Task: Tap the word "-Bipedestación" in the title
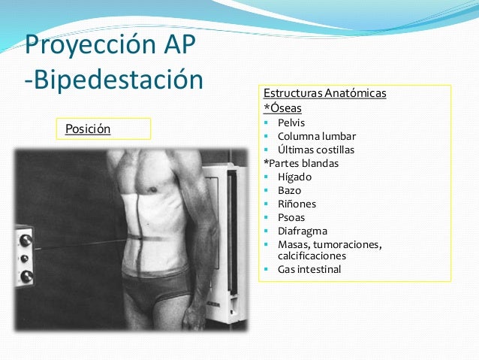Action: click(114, 80)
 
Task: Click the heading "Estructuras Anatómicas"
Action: click(324, 94)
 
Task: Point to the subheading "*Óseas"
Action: click(277, 107)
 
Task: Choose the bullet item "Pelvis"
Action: click(291, 123)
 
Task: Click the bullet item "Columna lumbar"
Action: click(317, 136)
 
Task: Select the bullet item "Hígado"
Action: click(294, 177)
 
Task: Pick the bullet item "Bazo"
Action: click(290, 190)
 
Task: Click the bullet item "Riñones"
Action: click(297, 204)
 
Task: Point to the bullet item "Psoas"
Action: click(291, 217)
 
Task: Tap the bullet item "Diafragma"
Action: click(301, 231)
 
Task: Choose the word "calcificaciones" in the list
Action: click(312, 256)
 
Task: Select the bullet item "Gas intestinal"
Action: click(309, 269)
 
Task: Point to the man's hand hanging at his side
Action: click(194, 316)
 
